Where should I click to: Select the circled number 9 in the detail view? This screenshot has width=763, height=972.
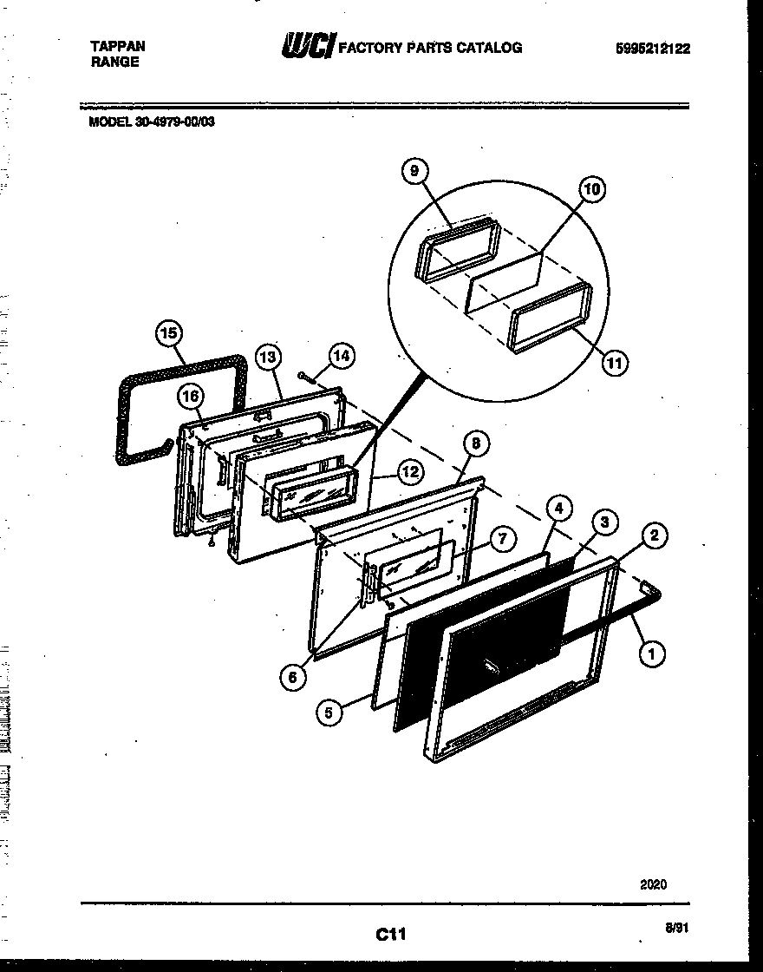pos(414,171)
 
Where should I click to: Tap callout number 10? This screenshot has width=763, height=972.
pos(592,188)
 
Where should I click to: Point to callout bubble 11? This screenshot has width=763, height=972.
pos(614,363)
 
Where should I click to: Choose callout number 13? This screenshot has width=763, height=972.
pos(270,355)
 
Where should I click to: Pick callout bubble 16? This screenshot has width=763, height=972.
pos(191,397)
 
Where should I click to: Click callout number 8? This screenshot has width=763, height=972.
pos(476,443)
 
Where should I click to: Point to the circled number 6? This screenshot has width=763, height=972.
pos(294,678)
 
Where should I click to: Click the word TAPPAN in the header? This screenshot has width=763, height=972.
pos(118,47)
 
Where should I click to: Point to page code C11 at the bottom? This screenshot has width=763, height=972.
pos(391,934)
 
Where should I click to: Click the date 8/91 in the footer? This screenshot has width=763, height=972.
pos(676,928)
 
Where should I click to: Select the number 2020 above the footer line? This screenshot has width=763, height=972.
pos(653,884)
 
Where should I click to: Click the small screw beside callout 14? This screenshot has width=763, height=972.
pos(303,375)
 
